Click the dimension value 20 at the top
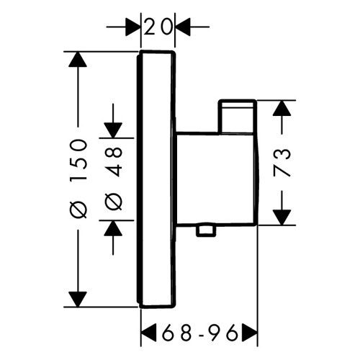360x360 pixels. coord(158,27)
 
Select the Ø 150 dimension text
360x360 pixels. coord(78,179)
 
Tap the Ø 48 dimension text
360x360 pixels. coord(114,179)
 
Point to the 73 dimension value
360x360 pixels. coord(282,163)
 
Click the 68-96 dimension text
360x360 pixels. coord(199,333)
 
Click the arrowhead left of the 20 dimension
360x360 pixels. coord(132,27)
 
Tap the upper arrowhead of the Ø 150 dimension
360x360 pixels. coord(78,59)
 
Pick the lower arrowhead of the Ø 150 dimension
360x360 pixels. coord(78,299)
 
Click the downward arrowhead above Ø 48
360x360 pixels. coord(113,130)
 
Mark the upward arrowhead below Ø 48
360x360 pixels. coord(113,228)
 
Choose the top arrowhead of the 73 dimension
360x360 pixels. coord(282,108)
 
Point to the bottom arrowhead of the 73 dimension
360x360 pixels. coord(282,217)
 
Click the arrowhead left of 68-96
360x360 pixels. coord(149,333)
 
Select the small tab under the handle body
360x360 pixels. coord(205,231)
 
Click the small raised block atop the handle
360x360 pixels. coord(237,116)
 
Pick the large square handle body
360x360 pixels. coord(216,179)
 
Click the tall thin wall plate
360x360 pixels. coord(156,179)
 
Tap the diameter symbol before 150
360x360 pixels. coord(78,210)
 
